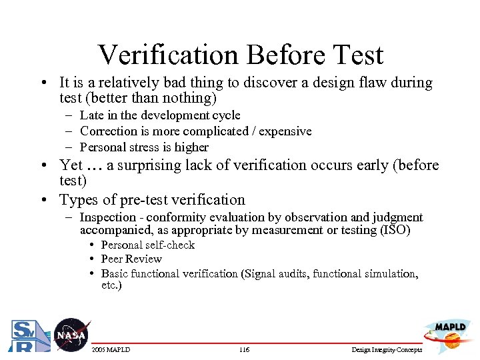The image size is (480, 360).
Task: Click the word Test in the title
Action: tap(357, 55)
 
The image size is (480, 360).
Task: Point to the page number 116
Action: tap(245, 350)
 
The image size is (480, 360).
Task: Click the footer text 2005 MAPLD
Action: tap(110, 350)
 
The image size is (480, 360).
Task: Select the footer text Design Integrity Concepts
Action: tap(387, 350)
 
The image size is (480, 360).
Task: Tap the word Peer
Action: tap(113, 259)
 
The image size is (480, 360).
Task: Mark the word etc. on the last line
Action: tap(111, 286)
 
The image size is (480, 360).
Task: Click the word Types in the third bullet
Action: tap(78, 200)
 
